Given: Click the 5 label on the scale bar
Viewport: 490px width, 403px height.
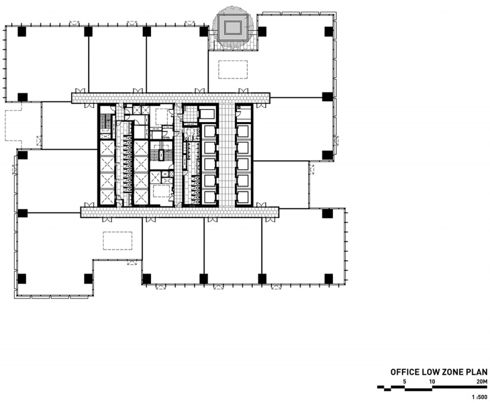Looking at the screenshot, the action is (405, 382).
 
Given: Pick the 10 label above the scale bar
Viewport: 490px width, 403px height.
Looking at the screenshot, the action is (432, 382).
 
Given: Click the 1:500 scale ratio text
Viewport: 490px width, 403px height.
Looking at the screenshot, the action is (480, 397).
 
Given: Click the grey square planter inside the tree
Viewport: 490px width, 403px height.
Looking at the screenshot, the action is (233, 28).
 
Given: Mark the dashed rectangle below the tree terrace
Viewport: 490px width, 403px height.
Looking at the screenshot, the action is (233, 70).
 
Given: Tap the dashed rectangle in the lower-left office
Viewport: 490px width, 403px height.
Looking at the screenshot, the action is (117, 240).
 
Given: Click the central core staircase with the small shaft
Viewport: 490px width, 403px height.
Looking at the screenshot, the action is (161, 155).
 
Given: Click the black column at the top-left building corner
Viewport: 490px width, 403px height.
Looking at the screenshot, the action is (22, 32).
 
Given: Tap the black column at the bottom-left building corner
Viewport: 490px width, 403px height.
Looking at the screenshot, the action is (22, 279).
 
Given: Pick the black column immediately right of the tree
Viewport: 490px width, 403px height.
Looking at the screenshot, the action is (262, 32).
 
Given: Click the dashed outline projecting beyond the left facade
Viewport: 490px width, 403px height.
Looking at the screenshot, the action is (13, 125).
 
